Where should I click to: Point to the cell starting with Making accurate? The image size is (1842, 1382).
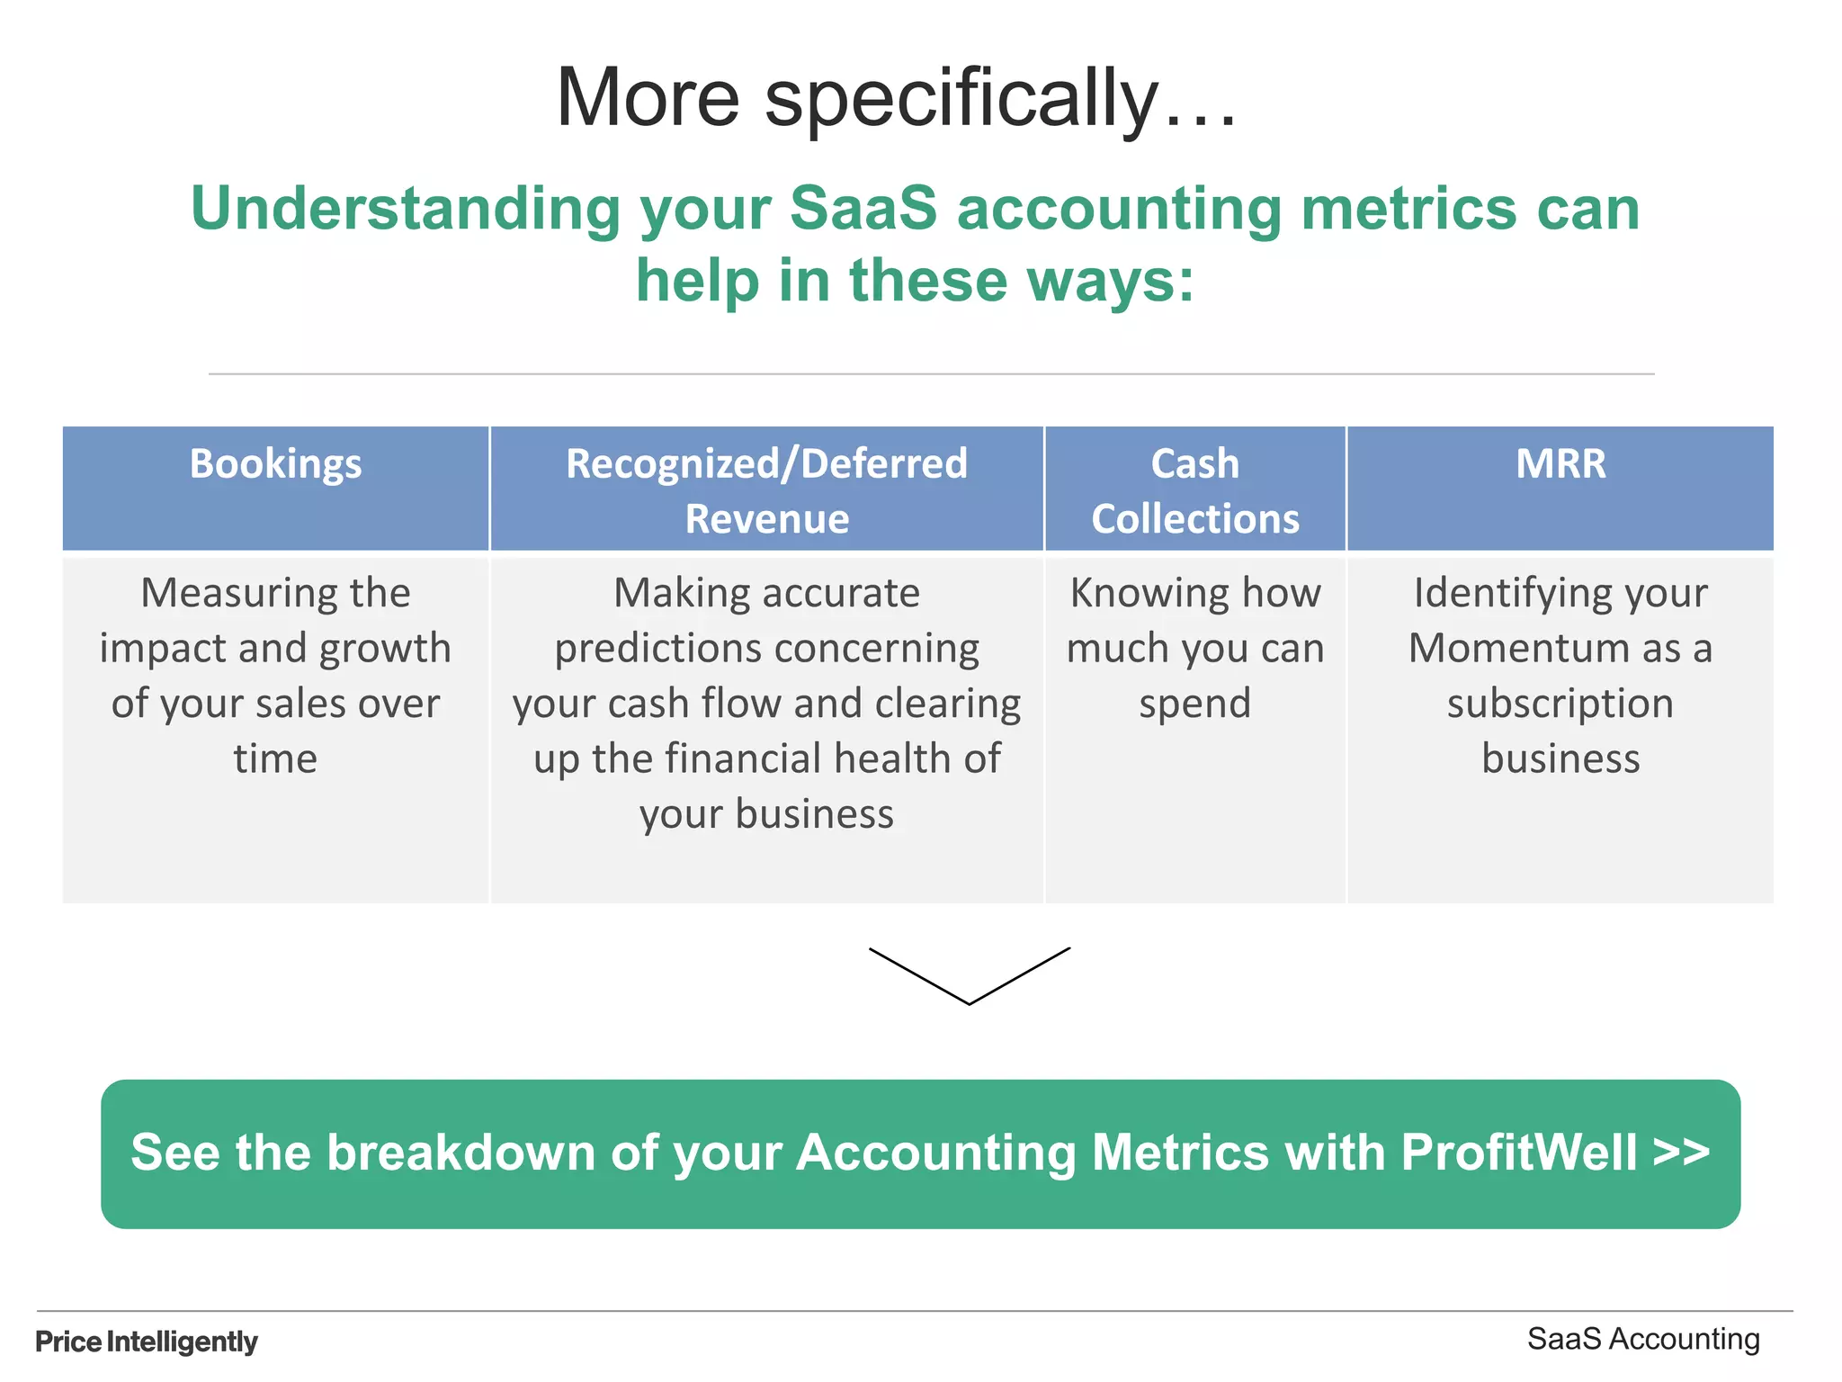[766, 702]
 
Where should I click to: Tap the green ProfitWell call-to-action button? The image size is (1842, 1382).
[920, 1153]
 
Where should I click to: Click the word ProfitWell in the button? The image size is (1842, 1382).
[1518, 1153]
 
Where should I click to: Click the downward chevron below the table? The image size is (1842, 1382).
[970, 976]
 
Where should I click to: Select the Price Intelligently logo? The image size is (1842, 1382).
[147, 1342]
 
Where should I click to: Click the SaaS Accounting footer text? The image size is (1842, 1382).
[1643, 1339]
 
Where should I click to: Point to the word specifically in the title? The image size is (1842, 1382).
[961, 99]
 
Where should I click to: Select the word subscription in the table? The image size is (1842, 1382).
[1560, 704]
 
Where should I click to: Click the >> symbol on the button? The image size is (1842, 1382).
[1681, 1153]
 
